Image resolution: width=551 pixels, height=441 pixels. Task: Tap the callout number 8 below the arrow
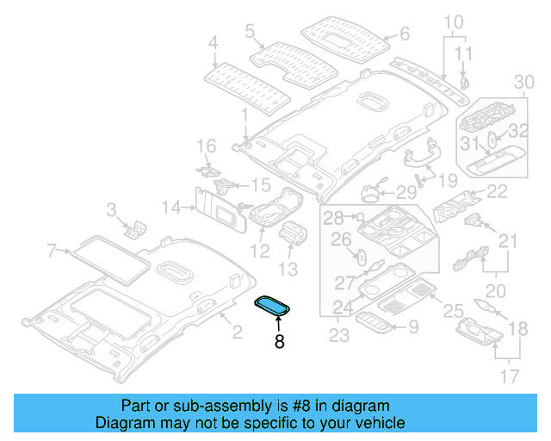(278, 342)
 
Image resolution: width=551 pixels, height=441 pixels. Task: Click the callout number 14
(171, 207)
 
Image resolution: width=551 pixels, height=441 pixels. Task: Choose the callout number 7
(53, 251)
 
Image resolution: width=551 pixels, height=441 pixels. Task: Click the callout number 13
(288, 270)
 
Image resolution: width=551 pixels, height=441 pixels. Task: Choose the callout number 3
(111, 209)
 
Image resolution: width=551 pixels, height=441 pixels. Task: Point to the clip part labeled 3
(135, 227)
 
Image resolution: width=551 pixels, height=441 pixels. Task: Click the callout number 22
(497, 192)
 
